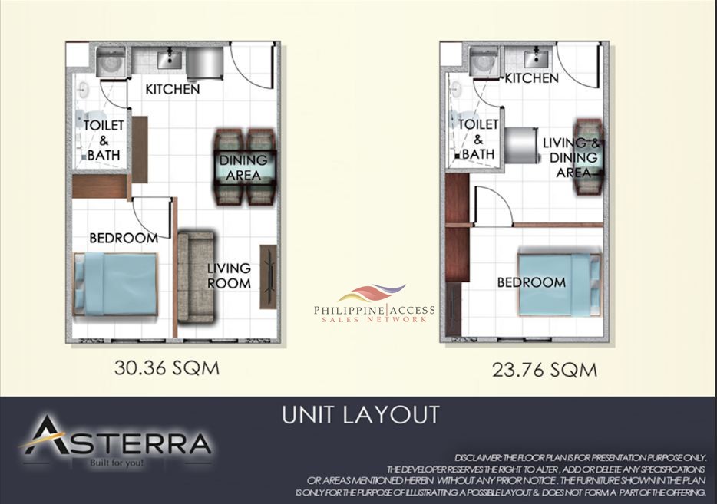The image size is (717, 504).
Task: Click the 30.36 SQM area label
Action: [x=167, y=367]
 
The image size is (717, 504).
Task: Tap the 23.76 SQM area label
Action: [x=544, y=370]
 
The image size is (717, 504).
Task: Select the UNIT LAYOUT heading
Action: [x=360, y=415]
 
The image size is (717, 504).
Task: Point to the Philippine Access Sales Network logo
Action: [x=374, y=304]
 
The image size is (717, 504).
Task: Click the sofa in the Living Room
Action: [x=197, y=278]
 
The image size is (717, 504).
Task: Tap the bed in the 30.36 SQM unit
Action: [x=116, y=284]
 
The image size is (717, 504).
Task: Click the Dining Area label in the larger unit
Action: [x=243, y=168]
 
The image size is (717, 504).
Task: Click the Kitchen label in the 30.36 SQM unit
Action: [x=173, y=89]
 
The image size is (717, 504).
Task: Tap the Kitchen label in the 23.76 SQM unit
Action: [x=532, y=78]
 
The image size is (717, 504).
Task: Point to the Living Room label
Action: [x=229, y=275]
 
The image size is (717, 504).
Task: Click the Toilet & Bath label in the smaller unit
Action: [x=478, y=140]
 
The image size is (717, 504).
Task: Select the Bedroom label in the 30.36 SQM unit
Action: [x=124, y=238]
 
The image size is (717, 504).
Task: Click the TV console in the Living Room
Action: [x=269, y=277]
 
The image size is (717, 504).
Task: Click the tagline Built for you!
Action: [x=117, y=463]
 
